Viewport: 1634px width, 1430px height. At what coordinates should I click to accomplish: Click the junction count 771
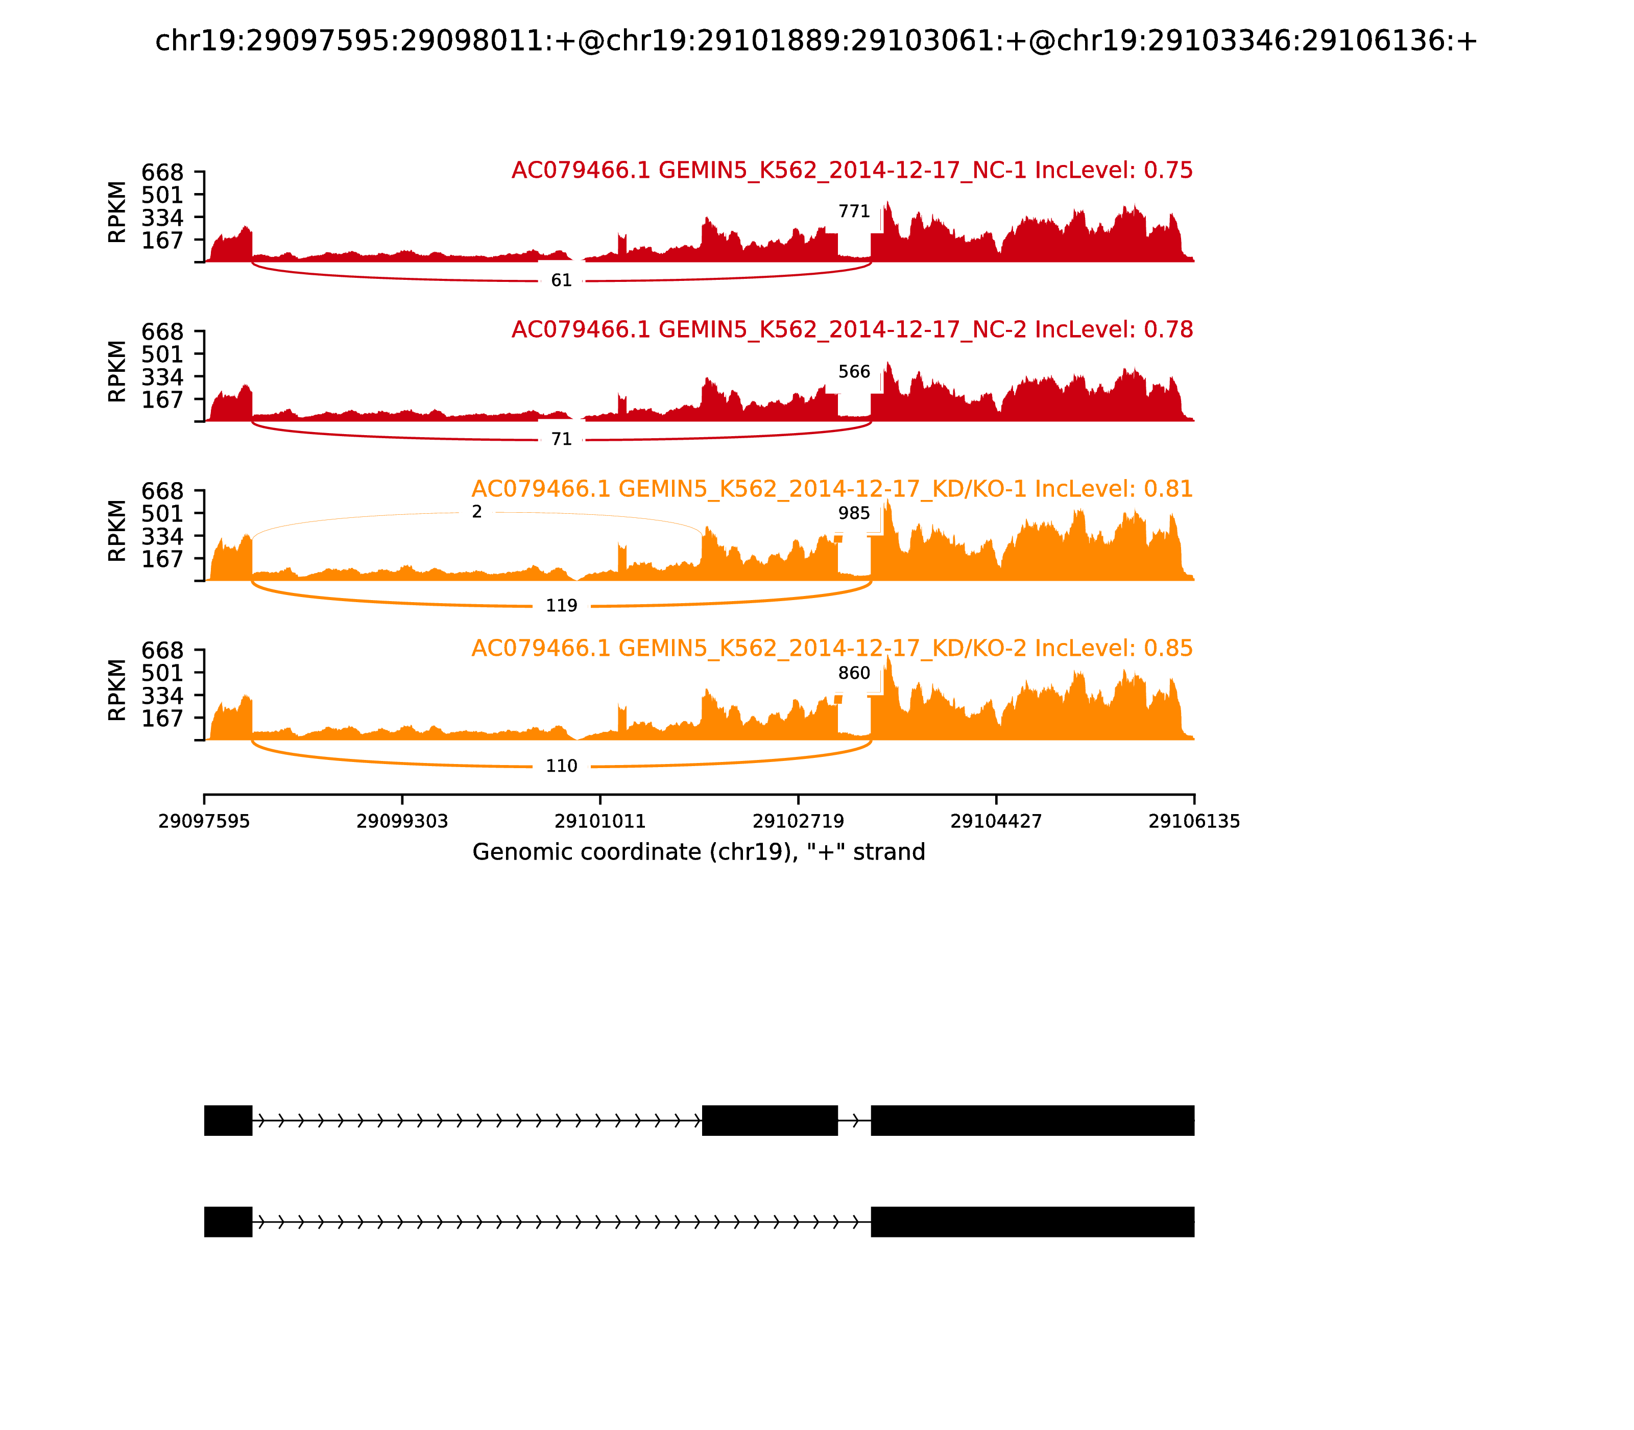pyautogui.click(x=854, y=211)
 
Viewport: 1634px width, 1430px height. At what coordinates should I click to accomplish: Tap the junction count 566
pyautogui.click(x=854, y=372)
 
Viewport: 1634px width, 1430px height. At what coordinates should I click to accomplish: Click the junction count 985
pyautogui.click(x=854, y=513)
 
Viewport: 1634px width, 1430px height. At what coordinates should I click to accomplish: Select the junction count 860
pyautogui.click(x=854, y=674)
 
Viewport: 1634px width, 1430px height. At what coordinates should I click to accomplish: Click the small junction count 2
pyautogui.click(x=476, y=512)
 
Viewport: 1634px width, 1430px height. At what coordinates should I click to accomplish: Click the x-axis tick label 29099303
pyautogui.click(x=402, y=822)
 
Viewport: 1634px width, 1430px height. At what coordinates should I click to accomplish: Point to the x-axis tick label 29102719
pyautogui.click(x=798, y=822)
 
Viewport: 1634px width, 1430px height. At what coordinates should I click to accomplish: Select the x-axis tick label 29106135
pyautogui.click(x=1194, y=822)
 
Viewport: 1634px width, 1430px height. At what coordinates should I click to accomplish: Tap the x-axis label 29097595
pyautogui.click(x=204, y=822)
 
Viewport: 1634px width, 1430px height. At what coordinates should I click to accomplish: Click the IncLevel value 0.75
pyautogui.click(x=1168, y=171)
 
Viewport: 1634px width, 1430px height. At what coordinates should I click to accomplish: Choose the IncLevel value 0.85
pyautogui.click(x=1168, y=649)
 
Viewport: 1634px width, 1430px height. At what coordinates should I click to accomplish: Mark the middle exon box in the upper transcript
pyautogui.click(x=769, y=1121)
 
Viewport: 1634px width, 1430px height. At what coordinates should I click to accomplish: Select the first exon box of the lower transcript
pyautogui.click(x=228, y=1222)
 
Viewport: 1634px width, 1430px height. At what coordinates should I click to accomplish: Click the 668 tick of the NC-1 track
pyautogui.click(x=163, y=173)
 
